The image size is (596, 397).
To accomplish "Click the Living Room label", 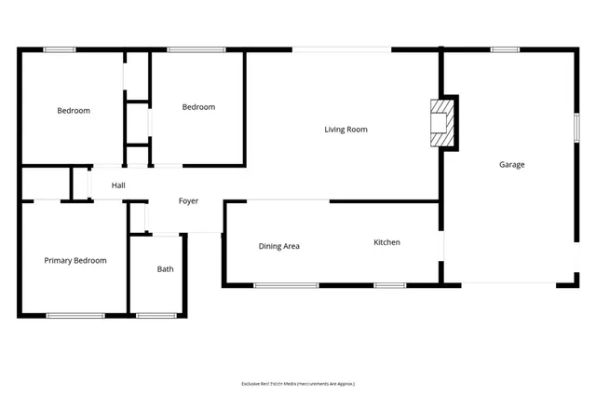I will pyautogui.click(x=345, y=130).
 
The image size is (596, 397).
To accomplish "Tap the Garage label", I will pyautogui.click(x=511, y=165).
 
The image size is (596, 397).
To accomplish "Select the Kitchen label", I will pyautogui.click(x=386, y=242).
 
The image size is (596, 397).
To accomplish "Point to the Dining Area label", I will pyautogui.click(x=278, y=246).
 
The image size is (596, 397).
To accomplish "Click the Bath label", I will pyautogui.click(x=165, y=269).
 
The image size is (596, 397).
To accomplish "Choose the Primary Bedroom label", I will pyautogui.click(x=75, y=261).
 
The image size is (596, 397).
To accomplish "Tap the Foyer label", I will pyautogui.click(x=188, y=200).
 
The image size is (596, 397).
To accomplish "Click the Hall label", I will pyautogui.click(x=118, y=185).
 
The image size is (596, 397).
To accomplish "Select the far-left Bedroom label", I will pyautogui.click(x=74, y=111).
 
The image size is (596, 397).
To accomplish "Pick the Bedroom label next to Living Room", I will pyautogui.click(x=197, y=107).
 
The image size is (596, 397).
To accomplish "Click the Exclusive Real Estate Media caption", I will pyautogui.click(x=298, y=383).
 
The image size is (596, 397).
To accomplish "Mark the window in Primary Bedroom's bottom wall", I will pyautogui.click(x=74, y=316).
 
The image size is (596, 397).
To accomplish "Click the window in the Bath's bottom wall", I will pyautogui.click(x=156, y=316).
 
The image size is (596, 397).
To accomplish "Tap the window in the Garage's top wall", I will pyautogui.click(x=504, y=49).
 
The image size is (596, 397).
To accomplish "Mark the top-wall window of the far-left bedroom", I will pyautogui.click(x=60, y=49).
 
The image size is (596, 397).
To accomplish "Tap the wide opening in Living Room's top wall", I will pyautogui.click(x=342, y=49).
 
